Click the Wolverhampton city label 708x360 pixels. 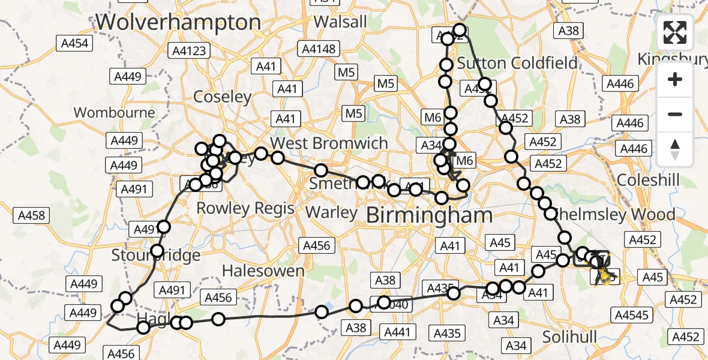(x=178, y=23)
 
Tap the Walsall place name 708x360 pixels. (x=340, y=22)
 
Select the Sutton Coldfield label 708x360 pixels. (x=517, y=63)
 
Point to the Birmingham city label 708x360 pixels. (x=429, y=215)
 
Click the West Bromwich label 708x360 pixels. (x=329, y=143)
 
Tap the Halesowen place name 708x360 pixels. (x=263, y=271)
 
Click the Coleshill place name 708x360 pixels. (x=648, y=181)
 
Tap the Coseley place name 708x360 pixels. (x=222, y=97)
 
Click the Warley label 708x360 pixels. (x=331, y=212)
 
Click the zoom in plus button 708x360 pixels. (x=675, y=79)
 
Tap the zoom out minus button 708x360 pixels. (x=675, y=114)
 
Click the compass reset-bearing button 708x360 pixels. (x=675, y=149)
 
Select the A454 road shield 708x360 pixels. (x=74, y=43)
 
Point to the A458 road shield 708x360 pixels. (x=31, y=215)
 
